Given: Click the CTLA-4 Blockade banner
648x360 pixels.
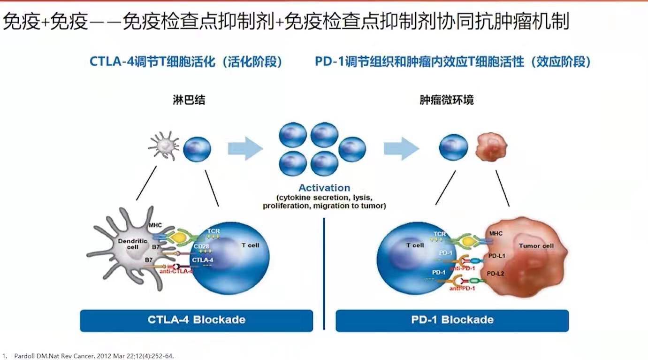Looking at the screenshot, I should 196,320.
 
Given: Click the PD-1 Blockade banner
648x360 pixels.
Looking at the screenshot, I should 452,320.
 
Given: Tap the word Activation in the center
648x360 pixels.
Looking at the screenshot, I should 324,188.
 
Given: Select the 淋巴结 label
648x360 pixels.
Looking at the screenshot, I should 189,100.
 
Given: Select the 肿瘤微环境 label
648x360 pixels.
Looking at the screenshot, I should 446,100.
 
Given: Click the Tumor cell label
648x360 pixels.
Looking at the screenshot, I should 536,245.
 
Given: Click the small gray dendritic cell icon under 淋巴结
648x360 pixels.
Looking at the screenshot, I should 163,146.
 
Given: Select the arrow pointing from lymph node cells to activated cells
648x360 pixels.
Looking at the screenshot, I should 245,148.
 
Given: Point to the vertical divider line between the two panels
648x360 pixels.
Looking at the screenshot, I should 324,272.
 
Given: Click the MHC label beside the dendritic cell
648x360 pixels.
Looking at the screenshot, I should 155,226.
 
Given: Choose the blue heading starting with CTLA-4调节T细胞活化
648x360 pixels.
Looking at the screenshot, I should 186,62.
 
